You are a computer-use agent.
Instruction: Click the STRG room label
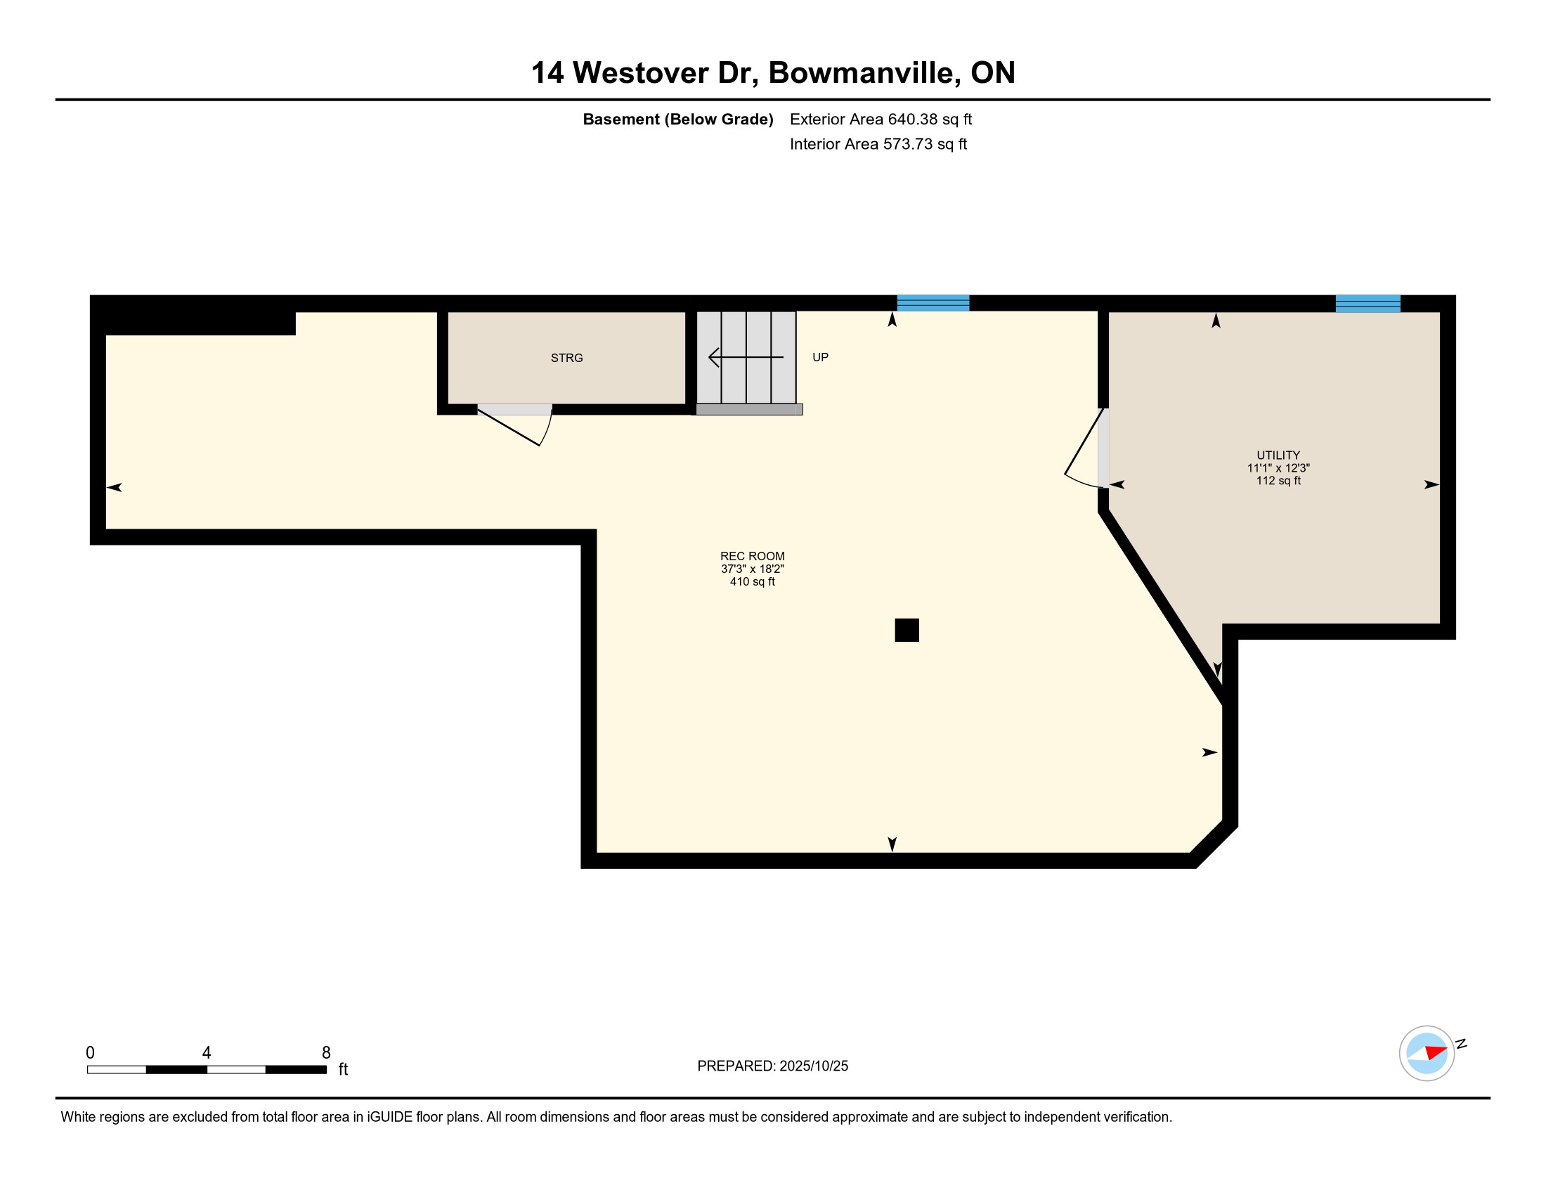[x=566, y=358]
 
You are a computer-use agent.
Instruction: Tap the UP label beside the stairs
[x=820, y=358]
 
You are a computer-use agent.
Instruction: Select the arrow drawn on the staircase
[x=746, y=358]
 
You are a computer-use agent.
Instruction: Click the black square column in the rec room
[x=907, y=630]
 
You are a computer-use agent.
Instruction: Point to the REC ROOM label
[x=753, y=557]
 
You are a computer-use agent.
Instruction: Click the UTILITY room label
[x=1278, y=456]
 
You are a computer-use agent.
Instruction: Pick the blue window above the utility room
[x=1368, y=304]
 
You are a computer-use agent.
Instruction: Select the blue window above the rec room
[x=933, y=303]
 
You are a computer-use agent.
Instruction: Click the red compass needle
[x=1436, y=1052]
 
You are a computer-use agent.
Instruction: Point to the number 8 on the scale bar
[x=326, y=1052]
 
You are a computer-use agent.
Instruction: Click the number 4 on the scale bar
[x=207, y=1052]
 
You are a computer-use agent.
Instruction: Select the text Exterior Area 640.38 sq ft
[x=881, y=119]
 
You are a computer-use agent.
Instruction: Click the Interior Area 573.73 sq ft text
[x=878, y=143]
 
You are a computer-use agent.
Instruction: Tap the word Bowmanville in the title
[x=865, y=73]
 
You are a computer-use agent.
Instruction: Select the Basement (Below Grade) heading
[x=677, y=119]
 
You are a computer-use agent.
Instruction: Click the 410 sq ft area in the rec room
[x=753, y=582]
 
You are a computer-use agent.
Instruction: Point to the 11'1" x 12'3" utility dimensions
[x=1278, y=468]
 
